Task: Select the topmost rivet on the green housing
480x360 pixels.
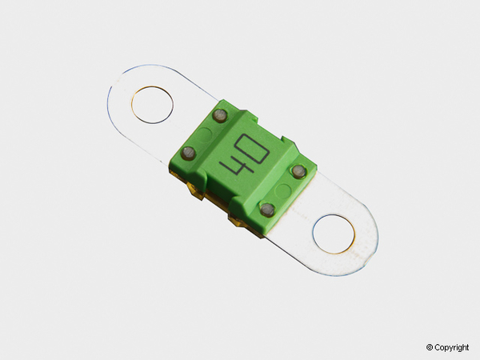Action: pyautogui.click(x=218, y=118)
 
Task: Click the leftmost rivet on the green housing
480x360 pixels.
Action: pyautogui.click(x=190, y=152)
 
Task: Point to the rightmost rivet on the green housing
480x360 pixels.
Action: pyautogui.click(x=298, y=172)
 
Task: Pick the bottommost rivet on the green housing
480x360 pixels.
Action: pyautogui.click(x=267, y=210)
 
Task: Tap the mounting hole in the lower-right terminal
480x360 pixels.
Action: pyautogui.click(x=334, y=233)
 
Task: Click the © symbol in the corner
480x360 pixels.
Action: pyautogui.click(x=430, y=347)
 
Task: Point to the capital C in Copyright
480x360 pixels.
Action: pyautogui.click(x=438, y=347)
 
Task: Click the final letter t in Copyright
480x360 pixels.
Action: pyautogui.click(x=468, y=347)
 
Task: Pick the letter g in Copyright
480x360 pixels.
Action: pyautogui.click(x=458, y=348)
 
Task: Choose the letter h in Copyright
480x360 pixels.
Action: pyautogui.click(x=464, y=347)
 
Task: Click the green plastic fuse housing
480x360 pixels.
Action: pyautogui.click(x=240, y=160)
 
